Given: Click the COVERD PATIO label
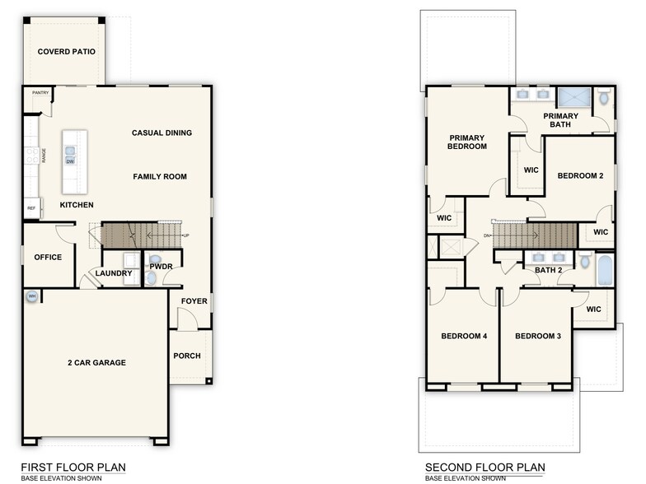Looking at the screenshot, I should tap(67, 52).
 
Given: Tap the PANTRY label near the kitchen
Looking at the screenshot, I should tap(40, 93).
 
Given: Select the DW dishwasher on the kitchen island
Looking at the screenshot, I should tap(71, 161).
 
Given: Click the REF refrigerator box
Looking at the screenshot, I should tap(32, 208).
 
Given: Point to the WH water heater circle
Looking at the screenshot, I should tap(32, 296).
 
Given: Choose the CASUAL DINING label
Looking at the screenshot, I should tap(161, 133).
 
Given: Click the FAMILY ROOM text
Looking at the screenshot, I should tap(160, 176).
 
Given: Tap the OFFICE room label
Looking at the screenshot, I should tap(48, 258).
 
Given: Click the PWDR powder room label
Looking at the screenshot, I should tap(161, 267).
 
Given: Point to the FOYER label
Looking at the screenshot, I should tap(194, 301).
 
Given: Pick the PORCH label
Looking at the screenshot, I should tap(187, 356).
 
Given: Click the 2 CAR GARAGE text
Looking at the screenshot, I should tap(96, 362).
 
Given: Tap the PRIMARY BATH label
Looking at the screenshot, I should tap(560, 121).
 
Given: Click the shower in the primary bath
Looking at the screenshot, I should tap(573, 97).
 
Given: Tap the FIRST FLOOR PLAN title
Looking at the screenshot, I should tap(73, 467).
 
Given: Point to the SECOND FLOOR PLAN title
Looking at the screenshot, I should tap(485, 467).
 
